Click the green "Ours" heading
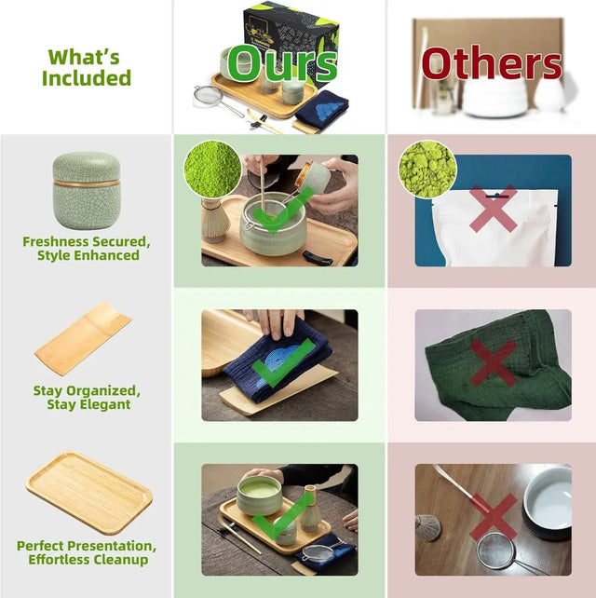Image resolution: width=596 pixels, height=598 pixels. (x=281, y=63)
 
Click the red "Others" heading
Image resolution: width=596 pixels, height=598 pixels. (x=492, y=64)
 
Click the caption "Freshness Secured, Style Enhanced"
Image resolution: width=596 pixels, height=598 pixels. (x=87, y=249)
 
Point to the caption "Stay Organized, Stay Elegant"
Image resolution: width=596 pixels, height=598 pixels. (x=87, y=398)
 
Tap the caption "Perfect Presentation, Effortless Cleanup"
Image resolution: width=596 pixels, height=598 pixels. (x=86, y=552)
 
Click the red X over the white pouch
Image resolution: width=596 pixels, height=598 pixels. (x=494, y=208)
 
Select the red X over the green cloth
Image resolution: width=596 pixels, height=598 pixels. (x=493, y=361)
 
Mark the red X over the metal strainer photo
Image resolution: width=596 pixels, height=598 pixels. (x=493, y=517)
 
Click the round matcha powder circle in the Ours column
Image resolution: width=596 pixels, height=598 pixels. (x=212, y=169)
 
